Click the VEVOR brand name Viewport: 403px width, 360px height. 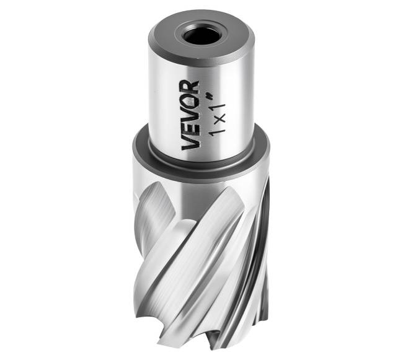point(190,115)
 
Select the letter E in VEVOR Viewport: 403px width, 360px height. point(190,129)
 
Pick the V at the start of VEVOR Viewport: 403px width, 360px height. point(190,143)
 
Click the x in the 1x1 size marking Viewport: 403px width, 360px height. point(220,118)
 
